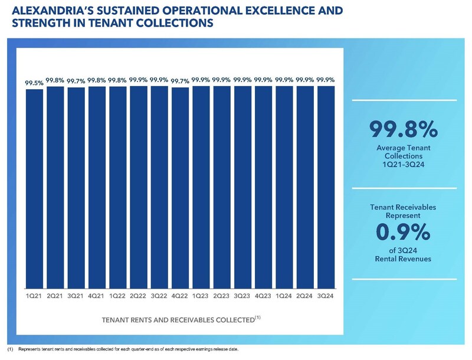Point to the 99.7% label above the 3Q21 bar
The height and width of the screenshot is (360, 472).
[76, 81]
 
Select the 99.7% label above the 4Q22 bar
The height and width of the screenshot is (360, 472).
[180, 81]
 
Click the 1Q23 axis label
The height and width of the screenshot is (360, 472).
[201, 295]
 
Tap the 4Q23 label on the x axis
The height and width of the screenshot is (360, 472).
[263, 295]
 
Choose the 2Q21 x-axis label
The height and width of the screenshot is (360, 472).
[55, 295]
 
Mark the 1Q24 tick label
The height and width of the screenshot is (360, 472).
[284, 295]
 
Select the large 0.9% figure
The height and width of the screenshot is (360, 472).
[404, 233]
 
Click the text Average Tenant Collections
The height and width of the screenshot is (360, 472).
[404, 150]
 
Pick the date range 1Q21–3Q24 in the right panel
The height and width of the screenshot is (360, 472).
[404, 165]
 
